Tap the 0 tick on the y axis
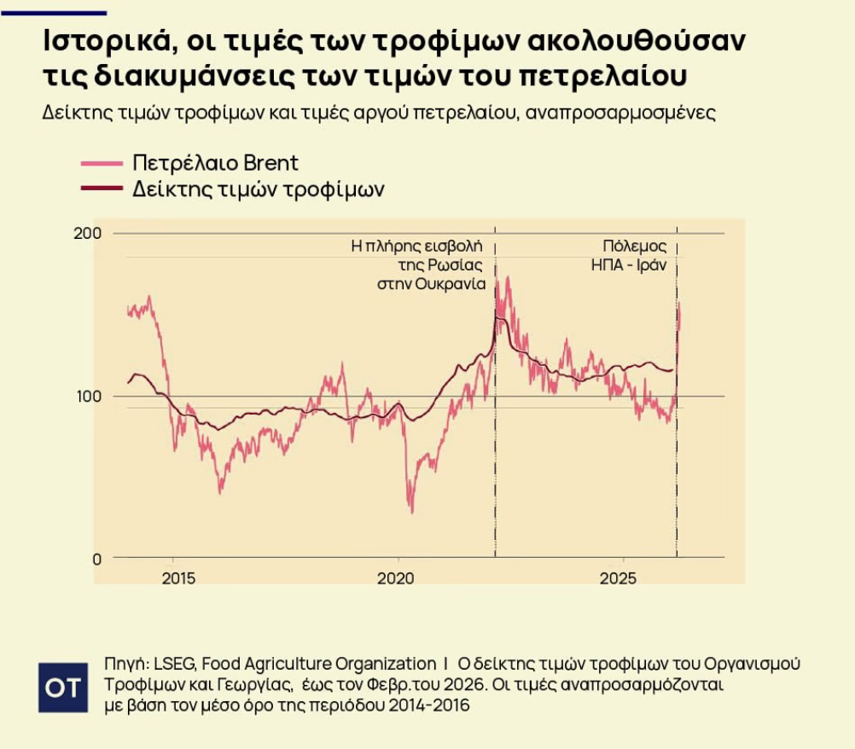(96, 559)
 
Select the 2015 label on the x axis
(177, 578)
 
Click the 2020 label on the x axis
(395, 578)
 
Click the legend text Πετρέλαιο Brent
(215, 163)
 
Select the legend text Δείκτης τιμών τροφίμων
(258, 189)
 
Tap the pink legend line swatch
(102, 163)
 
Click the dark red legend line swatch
(102, 189)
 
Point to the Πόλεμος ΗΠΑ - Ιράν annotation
(628, 255)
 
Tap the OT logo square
(63, 687)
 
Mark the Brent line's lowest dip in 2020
(411, 512)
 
